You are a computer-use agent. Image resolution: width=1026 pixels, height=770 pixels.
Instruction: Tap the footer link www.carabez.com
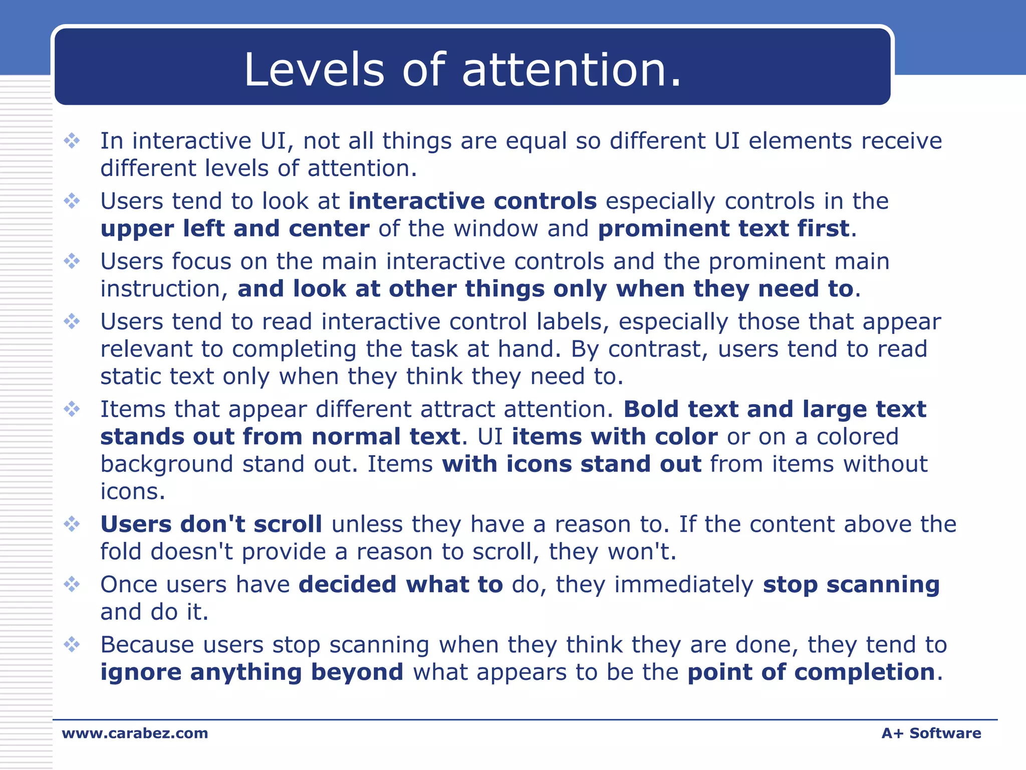pos(135,733)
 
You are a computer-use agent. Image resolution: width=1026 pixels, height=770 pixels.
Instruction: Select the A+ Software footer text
pos(931,733)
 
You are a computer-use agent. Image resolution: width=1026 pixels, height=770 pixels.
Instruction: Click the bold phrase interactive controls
pos(472,202)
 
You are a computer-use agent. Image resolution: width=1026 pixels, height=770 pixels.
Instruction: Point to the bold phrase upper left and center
pos(235,229)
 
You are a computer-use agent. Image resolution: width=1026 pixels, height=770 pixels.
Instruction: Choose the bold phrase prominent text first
pos(723,229)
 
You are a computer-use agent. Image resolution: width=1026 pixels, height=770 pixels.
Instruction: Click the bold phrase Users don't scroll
pos(211,525)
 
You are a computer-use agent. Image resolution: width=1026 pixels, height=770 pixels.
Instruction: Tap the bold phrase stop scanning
pos(851,585)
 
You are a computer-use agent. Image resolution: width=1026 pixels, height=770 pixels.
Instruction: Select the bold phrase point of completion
pos(811,673)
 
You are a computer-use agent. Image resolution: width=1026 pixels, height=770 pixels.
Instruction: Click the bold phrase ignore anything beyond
pos(251,673)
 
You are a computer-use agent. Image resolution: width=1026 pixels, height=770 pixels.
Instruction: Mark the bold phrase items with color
pos(614,437)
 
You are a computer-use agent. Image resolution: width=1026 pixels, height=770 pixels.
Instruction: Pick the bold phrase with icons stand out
pos(571,465)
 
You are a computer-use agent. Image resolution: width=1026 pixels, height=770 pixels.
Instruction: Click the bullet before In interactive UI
pos(72,141)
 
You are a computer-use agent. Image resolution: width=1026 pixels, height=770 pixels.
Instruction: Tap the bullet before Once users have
pos(72,585)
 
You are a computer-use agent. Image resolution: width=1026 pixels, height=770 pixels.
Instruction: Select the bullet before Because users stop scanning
pos(72,645)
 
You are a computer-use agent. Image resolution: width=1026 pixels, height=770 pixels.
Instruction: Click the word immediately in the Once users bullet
pos(684,585)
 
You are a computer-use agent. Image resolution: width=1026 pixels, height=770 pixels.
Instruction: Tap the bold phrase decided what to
pos(400,585)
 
